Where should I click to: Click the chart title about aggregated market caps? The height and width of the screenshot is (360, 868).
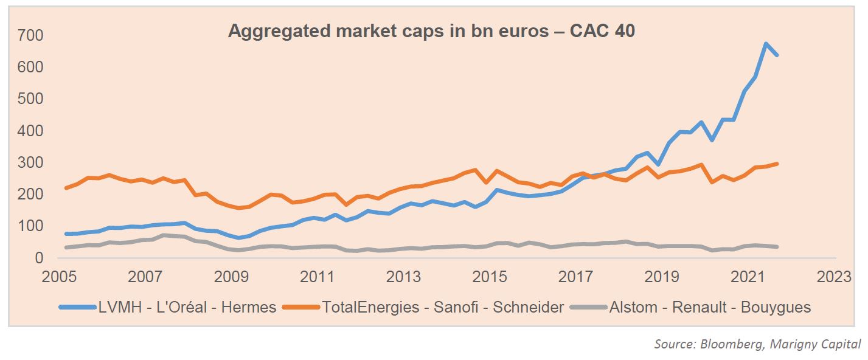[431, 32]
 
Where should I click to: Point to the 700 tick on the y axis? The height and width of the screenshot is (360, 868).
[30, 35]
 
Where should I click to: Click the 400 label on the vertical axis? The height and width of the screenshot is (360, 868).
[30, 131]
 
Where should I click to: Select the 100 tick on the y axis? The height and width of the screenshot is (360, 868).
[30, 226]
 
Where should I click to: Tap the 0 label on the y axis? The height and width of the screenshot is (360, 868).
[39, 258]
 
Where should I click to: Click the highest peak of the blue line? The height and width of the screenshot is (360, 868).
[766, 44]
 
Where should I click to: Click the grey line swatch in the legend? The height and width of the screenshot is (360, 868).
[589, 307]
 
